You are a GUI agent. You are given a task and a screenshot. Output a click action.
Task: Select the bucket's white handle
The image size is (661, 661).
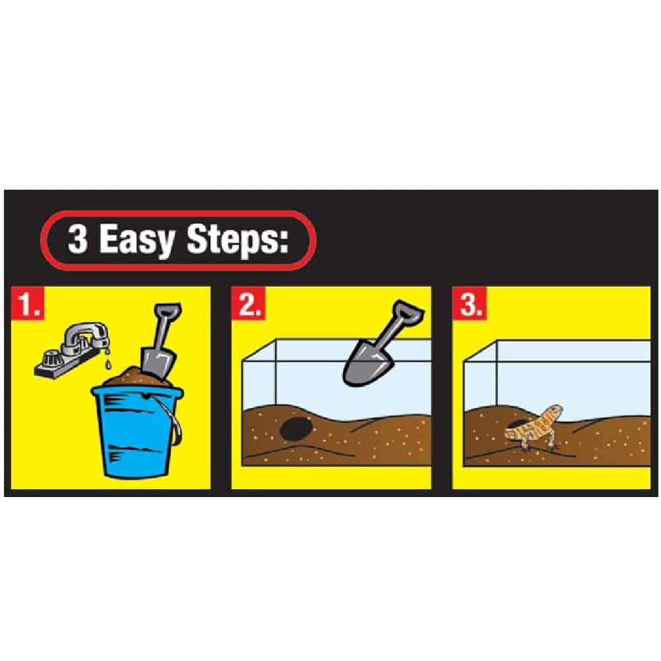pos(173,413)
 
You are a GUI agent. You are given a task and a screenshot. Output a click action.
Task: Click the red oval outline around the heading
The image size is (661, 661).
pos(178,213)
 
